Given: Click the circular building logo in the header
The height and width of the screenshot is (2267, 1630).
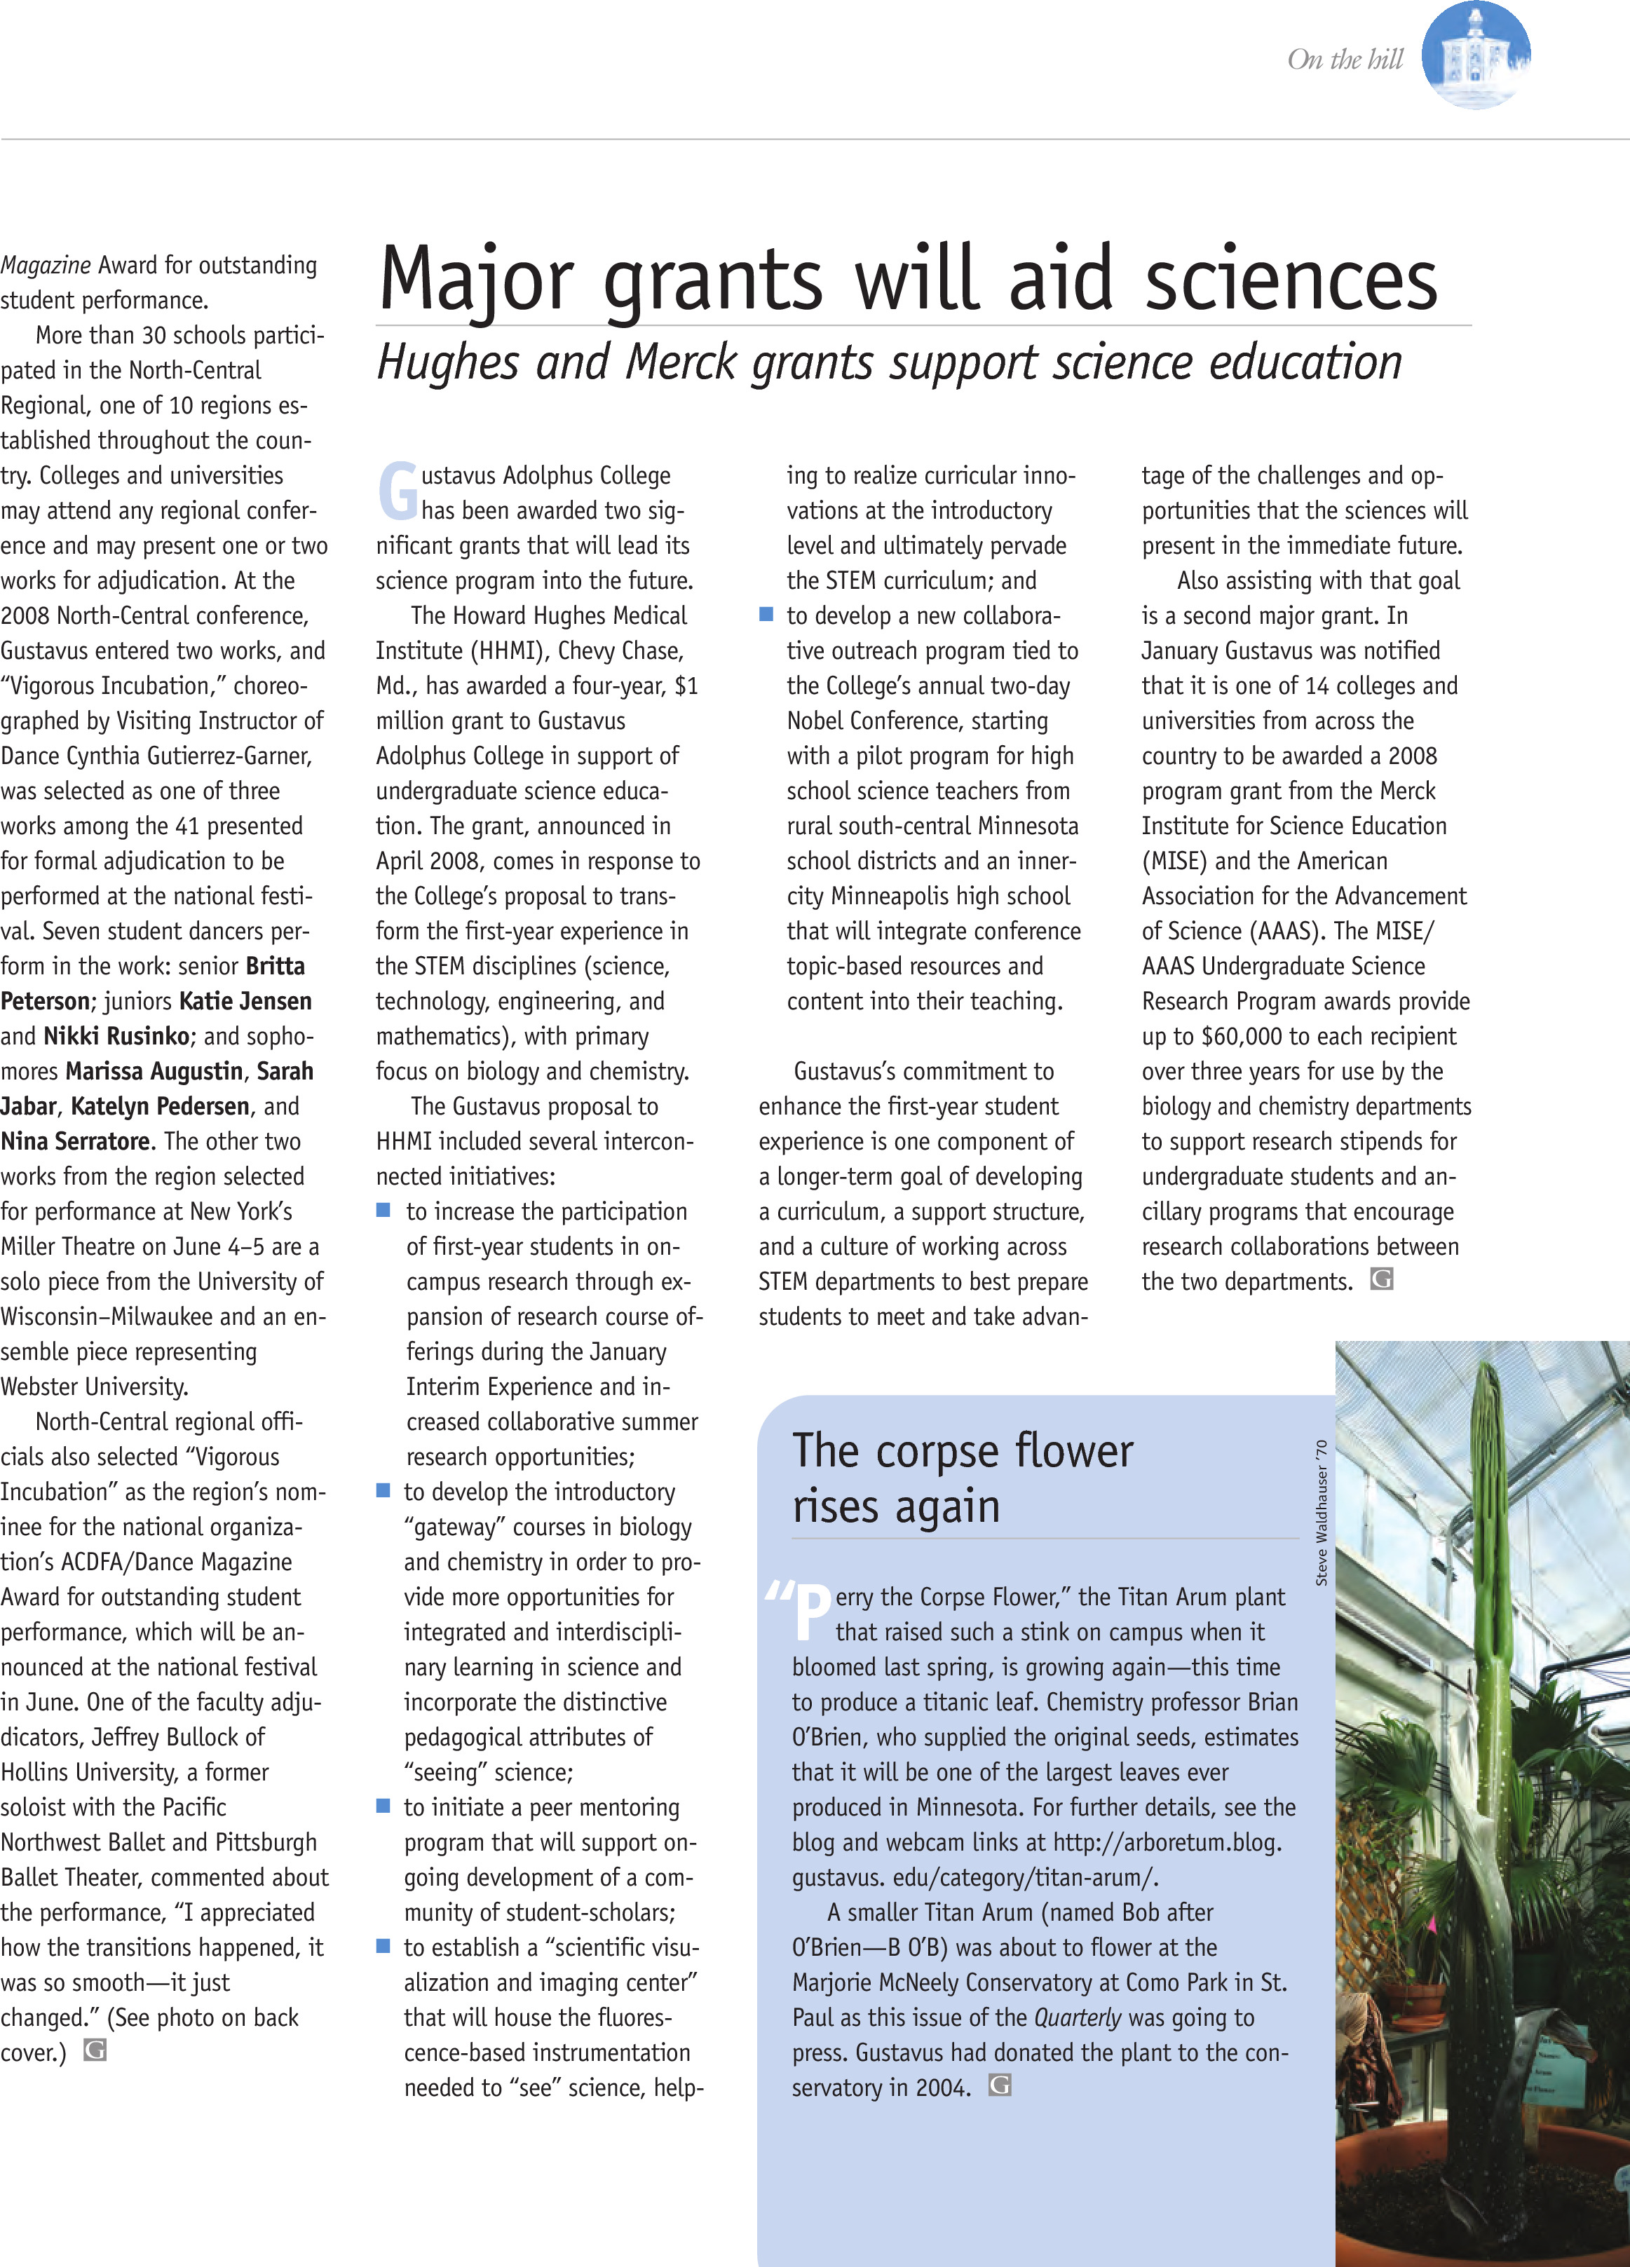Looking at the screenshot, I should [x=1475, y=56].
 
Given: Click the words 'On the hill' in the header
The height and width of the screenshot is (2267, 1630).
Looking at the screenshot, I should [x=1345, y=60].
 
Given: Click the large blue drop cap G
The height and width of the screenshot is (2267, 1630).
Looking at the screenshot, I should [x=397, y=492].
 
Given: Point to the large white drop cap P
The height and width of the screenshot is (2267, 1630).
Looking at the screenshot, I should [x=812, y=1613].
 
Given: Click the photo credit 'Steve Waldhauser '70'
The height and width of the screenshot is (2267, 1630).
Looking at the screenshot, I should [x=1322, y=1512].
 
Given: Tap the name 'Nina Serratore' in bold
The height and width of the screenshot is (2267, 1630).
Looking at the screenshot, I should [x=76, y=1141].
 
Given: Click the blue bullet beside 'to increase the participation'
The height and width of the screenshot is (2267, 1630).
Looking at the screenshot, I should [x=383, y=1211].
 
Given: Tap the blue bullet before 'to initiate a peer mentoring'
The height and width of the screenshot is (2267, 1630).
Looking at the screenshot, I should [x=383, y=1806].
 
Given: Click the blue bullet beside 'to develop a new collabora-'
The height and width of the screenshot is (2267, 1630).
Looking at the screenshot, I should [x=766, y=615].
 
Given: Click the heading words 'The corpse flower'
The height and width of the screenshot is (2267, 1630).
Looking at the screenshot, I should [x=963, y=1450].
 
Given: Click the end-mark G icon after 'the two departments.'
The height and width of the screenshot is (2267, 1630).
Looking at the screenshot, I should [x=1381, y=1279].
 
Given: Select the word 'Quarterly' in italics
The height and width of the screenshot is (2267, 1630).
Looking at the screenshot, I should [x=1078, y=2017].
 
